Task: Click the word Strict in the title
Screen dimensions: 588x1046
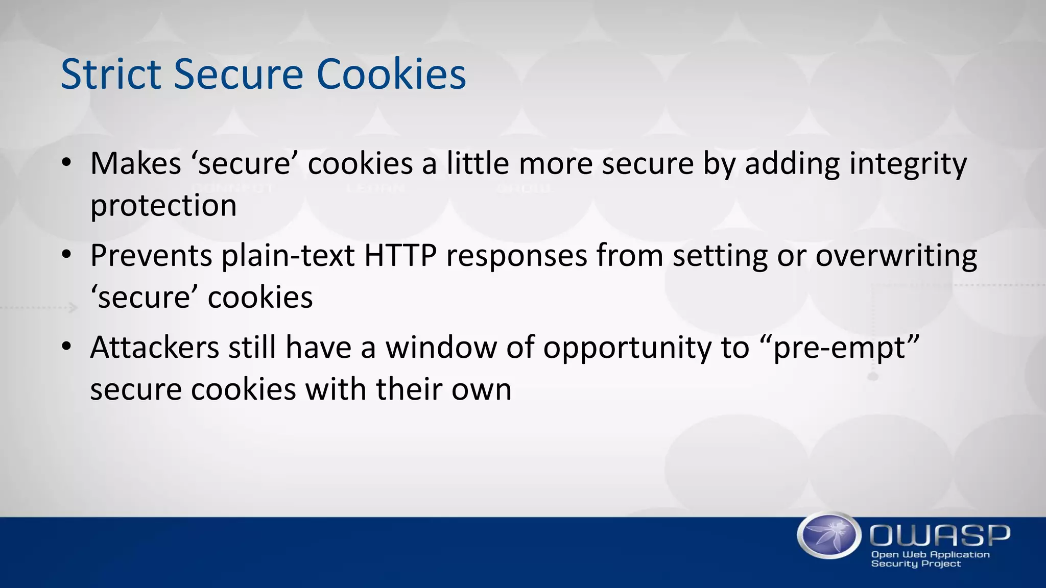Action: pyautogui.click(x=110, y=75)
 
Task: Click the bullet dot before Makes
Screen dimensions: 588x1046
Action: pyautogui.click(x=67, y=163)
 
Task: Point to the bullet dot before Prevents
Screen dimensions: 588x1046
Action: pyautogui.click(x=67, y=255)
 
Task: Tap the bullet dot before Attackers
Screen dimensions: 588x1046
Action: pyautogui.click(x=67, y=347)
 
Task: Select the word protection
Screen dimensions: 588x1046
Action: pyautogui.click(x=163, y=206)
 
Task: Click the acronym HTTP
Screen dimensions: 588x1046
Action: pyautogui.click(x=400, y=255)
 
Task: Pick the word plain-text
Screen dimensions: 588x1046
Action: pyautogui.click(x=288, y=256)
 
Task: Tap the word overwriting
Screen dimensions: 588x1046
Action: pyautogui.click(x=896, y=256)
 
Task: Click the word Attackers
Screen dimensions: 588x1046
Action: pyautogui.click(x=154, y=347)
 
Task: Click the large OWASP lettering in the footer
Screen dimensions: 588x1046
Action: pyautogui.click(x=940, y=535)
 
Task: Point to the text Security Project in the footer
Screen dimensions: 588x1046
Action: pyautogui.click(x=916, y=564)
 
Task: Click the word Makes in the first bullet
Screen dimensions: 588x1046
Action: pyautogui.click(x=135, y=164)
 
